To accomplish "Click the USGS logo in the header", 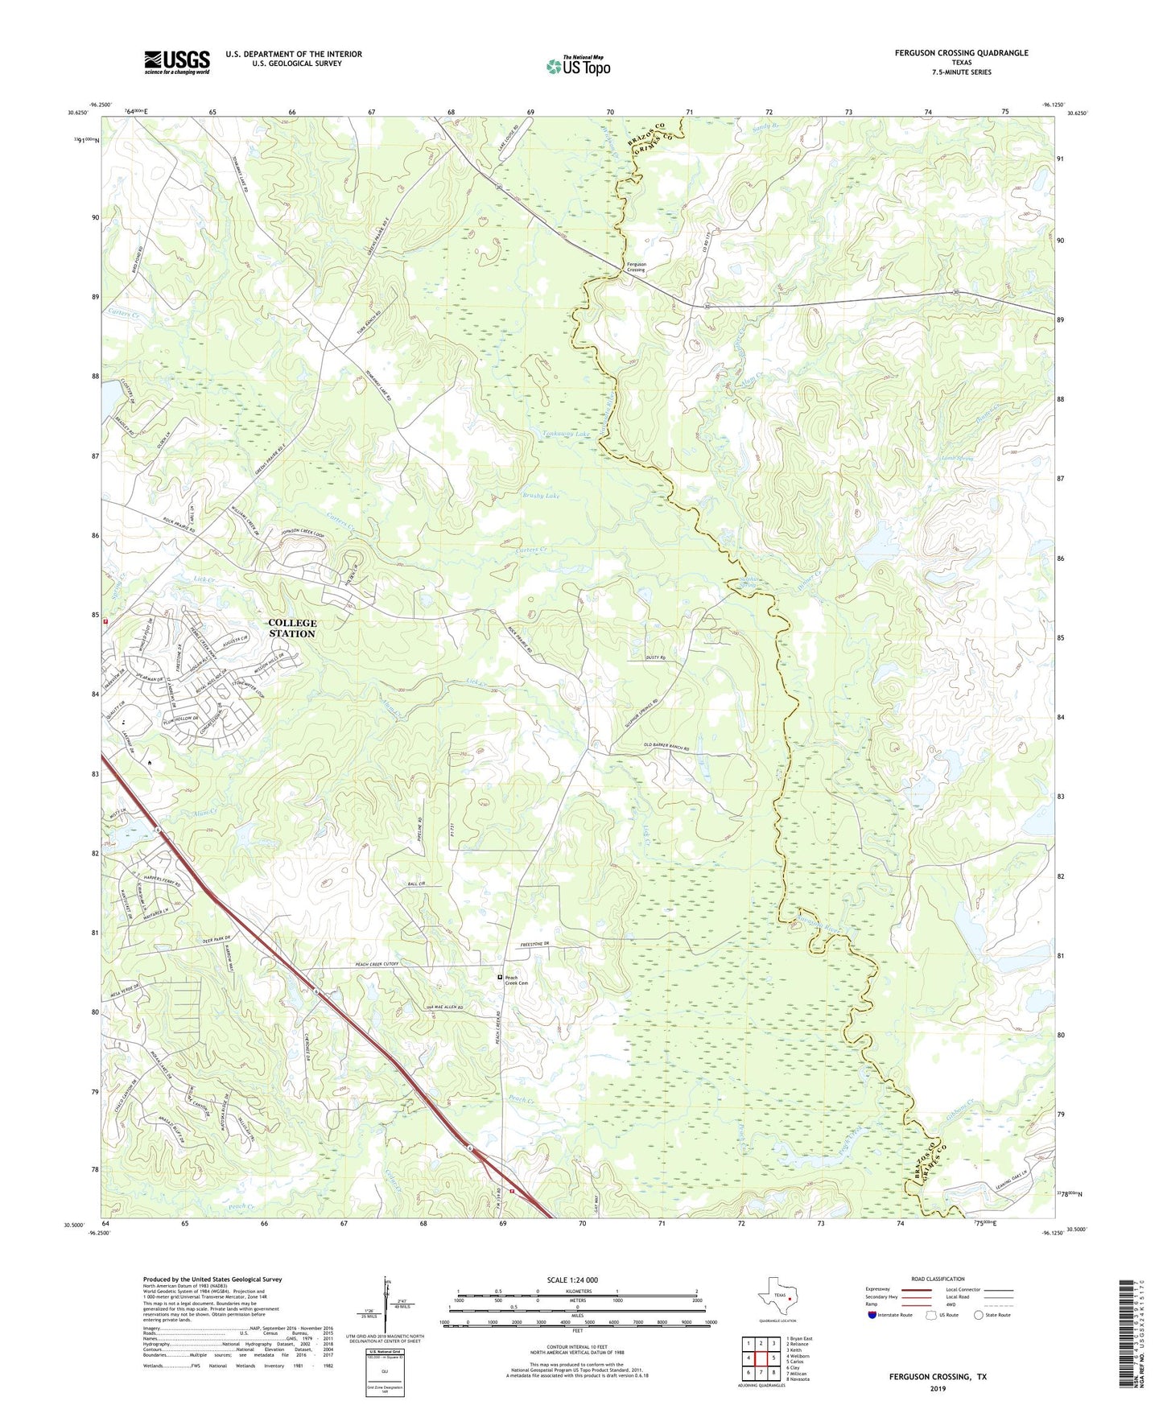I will point(177,61).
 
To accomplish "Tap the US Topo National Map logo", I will point(578,65).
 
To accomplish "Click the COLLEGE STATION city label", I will point(292,628).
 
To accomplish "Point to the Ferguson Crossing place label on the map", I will point(636,266).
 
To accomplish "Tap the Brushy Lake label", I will point(541,496).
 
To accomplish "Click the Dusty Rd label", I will point(656,657).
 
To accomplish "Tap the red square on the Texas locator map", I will point(790,1298).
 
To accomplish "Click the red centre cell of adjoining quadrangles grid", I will point(761,1358).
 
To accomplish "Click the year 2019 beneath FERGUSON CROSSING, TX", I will point(938,1388).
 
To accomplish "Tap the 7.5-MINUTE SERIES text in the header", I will point(961,72).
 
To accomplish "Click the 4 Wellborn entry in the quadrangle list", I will point(799,1356).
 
